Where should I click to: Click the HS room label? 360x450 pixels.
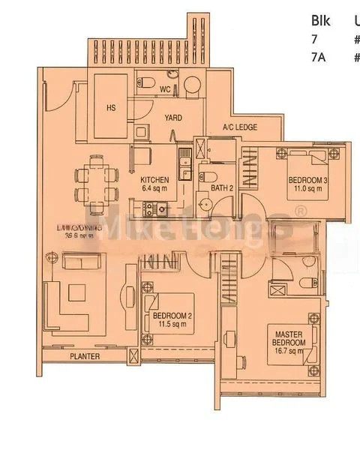tap(111, 107)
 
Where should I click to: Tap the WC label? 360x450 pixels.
tap(165, 90)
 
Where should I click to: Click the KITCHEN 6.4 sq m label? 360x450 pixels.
tap(155, 184)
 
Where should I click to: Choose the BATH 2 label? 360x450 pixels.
tap(222, 187)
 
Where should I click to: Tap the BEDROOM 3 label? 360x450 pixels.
tap(308, 184)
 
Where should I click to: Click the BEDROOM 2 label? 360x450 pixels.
tap(172, 320)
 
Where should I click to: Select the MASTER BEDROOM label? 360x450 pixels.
tap(288, 337)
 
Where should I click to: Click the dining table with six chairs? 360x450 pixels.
tap(97, 184)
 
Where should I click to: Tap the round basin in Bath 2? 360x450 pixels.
tap(202, 204)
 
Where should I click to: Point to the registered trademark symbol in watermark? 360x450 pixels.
tap(300, 213)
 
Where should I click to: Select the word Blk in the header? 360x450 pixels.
tap(321, 20)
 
